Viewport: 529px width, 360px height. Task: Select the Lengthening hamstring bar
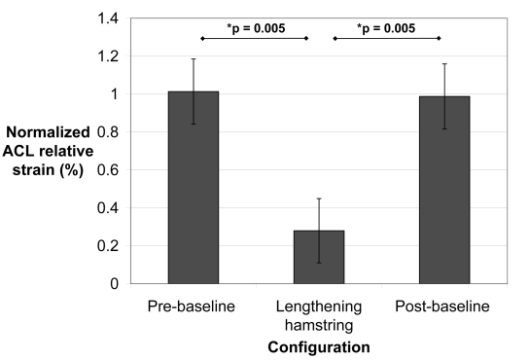pyautogui.click(x=319, y=257)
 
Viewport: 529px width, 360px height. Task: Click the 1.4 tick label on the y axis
pyautogui.click(x=107, y=18)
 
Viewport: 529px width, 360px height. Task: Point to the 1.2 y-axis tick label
pyautogui.click(x=107, y=56)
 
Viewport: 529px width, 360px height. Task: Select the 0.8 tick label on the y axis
pyautogui.click(x=107, y=132)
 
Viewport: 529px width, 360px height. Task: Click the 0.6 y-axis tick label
pyautogui.click(x=107, y=170)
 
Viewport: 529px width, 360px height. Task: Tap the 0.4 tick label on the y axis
pyautogui.click(x=107, y=208)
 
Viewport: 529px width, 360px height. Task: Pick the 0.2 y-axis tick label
pyautogui.click(x=107, y=246)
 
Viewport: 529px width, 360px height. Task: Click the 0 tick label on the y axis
pyautogui.click(x=114, y=284)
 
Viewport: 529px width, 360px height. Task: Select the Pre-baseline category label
pyautogui.click(x=193, y=307)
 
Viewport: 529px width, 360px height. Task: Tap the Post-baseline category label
pyautogui.click(x=444, y=307)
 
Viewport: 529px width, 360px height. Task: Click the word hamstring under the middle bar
pyautogui.click(x=319, y=325)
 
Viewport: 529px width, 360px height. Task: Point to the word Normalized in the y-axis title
pyautogui.click(x=49, y=131)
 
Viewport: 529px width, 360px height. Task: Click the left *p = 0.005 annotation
pyautogui.click(x=254, y=27)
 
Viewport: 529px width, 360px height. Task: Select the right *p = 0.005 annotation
pyautogui.click(x=387, y=27)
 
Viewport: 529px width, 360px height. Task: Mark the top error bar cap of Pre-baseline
pyautogui.click(x=193, y=58)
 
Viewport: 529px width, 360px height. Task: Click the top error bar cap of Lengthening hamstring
pyautogui.click(x=319, y=198)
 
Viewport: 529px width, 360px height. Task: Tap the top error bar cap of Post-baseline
pyautogui.click(x=444, y=64)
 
